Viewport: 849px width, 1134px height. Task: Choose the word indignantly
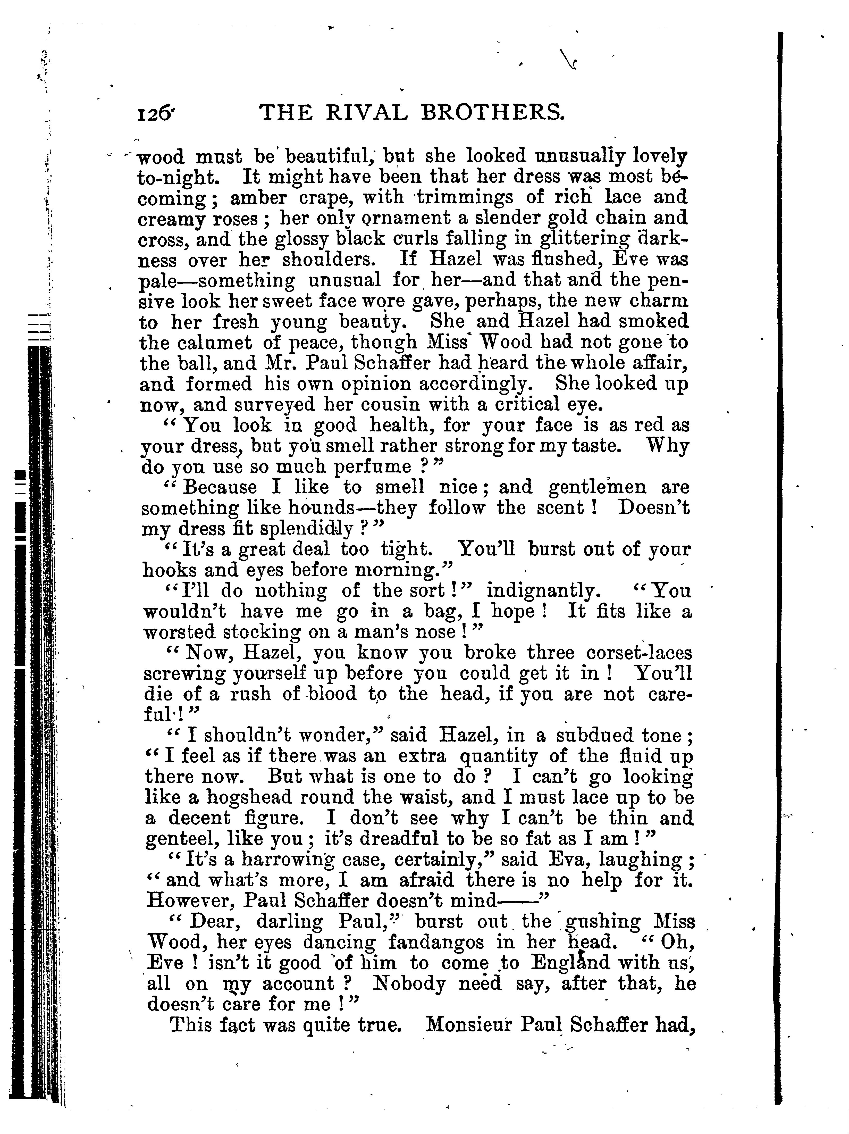542,591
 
